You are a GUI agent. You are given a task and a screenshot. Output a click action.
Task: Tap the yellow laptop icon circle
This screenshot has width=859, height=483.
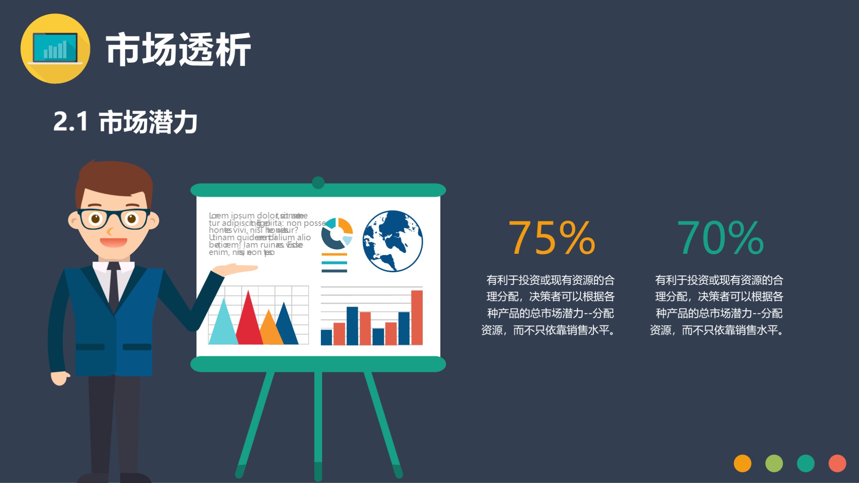coord(55,49)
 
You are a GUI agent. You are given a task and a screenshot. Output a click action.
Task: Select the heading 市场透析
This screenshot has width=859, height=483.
coord(178,50)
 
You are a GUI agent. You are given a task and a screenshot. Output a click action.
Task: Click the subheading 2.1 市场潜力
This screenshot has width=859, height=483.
coord(125,122)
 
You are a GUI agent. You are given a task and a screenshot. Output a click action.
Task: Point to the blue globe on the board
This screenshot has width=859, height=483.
coord(392,241)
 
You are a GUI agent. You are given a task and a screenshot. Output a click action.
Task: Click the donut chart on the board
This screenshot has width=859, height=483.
coord(336,234)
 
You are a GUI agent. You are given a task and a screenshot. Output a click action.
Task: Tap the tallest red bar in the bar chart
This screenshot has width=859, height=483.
coord(417,317)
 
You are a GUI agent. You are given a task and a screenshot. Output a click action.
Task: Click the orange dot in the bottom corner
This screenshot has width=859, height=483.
coord(742,463)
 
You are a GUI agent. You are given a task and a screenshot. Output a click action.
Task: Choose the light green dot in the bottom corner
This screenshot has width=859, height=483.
coord(774,463)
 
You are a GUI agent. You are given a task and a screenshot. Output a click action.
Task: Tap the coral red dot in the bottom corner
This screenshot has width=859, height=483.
coord(837,463)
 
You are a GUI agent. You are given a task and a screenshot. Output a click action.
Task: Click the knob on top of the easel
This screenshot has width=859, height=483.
coord(318,183)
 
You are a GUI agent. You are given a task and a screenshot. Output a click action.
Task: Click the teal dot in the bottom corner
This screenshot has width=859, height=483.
coord(805,463)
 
